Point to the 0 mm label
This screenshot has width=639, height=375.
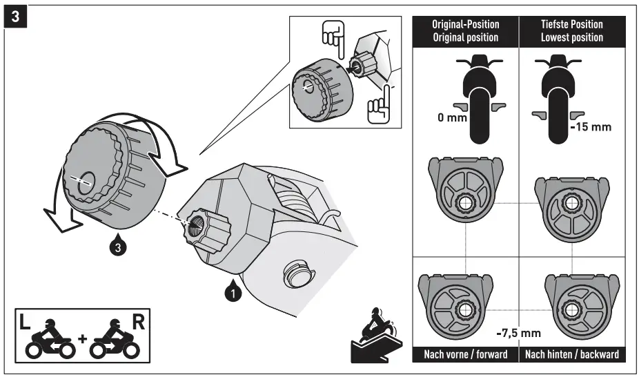(x=452, y=118)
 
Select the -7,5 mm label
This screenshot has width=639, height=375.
(x=518, y=334)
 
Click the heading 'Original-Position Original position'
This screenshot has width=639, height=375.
(x=465, y=31)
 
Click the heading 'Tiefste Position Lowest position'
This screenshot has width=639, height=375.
(x=573, y=31)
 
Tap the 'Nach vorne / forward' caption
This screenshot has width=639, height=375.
(x=465, y=354)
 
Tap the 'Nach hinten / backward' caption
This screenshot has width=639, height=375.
(x=572, y=354)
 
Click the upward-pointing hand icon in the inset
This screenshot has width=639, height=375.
(x=378, y=106)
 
